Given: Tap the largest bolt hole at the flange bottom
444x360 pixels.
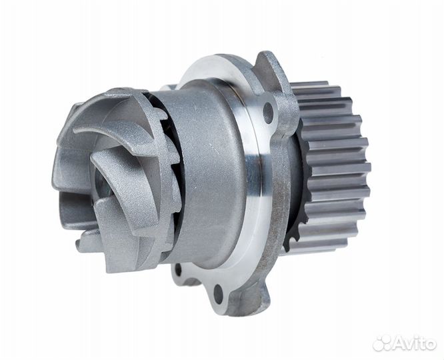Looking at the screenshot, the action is (217, 293).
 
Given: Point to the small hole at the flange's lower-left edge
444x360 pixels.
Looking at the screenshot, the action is (178, 269).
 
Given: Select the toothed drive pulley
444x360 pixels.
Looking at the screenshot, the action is (329, 167).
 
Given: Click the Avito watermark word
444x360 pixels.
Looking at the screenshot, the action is (415, 343).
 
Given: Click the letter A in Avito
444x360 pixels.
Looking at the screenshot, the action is (399, 343).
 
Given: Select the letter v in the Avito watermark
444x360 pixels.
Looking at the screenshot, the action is (410, 345).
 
